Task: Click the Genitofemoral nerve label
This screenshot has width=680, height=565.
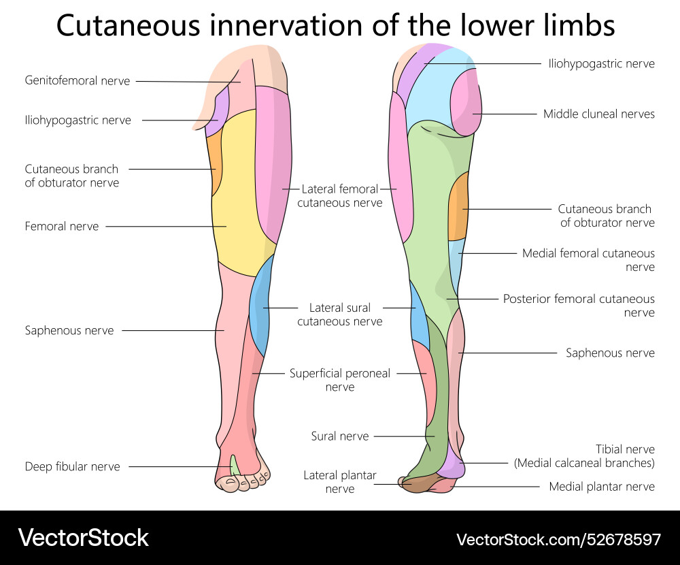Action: [x=77, y=81]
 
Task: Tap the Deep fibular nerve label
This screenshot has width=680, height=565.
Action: [x=72, y=467]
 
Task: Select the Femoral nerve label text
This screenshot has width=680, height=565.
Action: [x=62, y=227]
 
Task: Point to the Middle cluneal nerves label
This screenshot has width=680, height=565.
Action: [x=598, y=114]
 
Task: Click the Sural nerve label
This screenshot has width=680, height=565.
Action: [x=340, y=436]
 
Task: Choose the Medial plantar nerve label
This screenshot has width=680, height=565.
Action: [x=602, y=487]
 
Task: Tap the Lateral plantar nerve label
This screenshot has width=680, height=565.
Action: [x=340, y=482]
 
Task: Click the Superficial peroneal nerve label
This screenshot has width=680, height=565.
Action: [x=340, y=380]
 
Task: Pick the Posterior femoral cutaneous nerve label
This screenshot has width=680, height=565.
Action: [x=579, y=306]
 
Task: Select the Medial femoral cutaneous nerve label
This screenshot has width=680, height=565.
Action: [x=588, y=260]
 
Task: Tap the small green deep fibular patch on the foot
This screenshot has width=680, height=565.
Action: [x=235, y=465]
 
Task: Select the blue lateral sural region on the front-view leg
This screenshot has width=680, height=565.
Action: [x=261, y=306]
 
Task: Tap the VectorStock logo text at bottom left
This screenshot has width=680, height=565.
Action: [x=83, y=538]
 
